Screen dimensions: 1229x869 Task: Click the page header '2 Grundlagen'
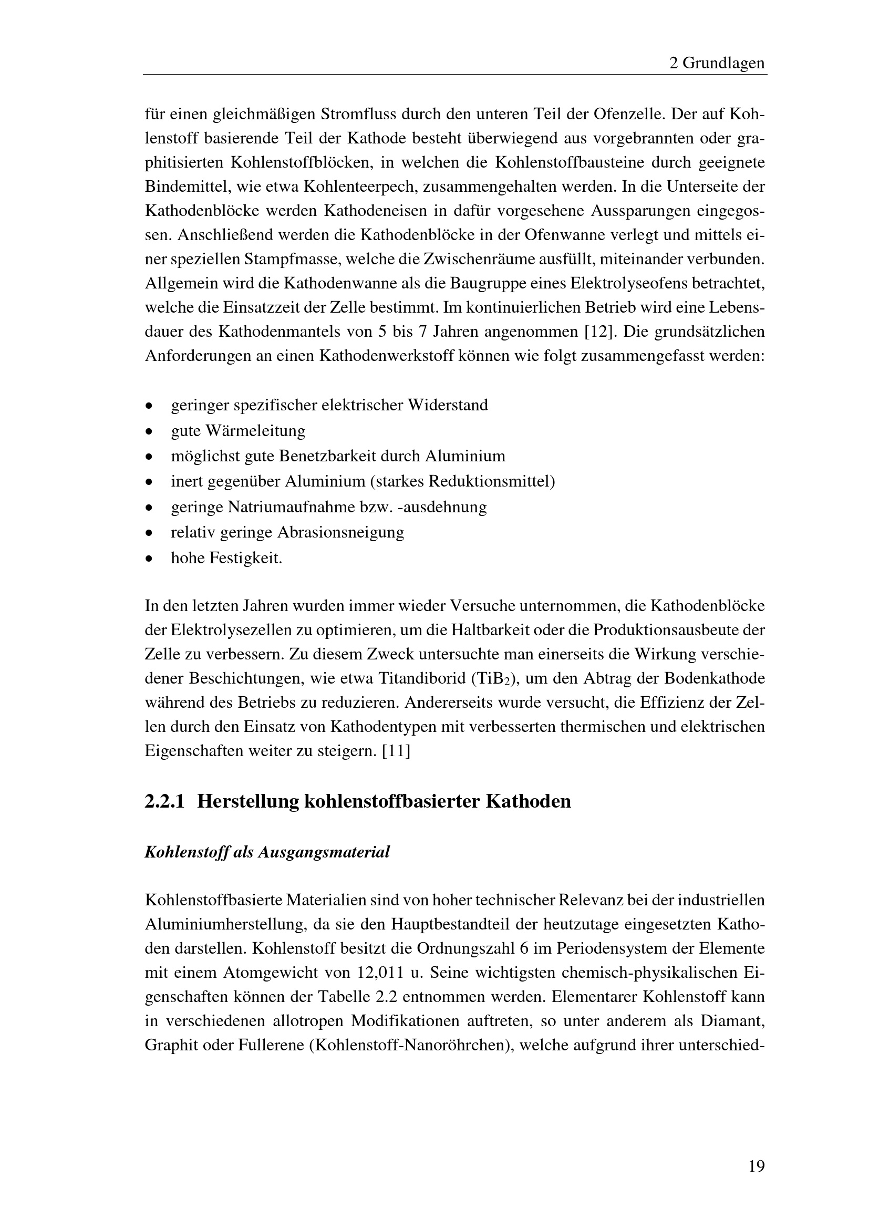pyautogui.click(x=717, y=64)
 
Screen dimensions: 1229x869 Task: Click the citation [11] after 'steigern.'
pyautogui.click(x=396, y=751)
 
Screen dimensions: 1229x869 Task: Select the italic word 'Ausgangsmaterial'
pyautogui.click(x=324, y=853)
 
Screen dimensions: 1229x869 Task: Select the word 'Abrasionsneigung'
pyautogui.click(x=341, y=533)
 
